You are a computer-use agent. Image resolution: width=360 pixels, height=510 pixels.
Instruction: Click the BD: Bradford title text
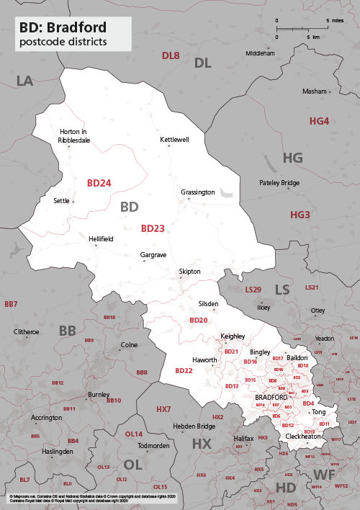click(63, 28)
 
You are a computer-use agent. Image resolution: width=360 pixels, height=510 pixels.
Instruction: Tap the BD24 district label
click(99, 184)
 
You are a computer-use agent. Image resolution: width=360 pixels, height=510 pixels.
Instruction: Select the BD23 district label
click(153, 229)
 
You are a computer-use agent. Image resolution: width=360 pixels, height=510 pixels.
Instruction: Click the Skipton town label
click(190, 272)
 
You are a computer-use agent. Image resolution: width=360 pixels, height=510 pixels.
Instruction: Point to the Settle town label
click(61, 200)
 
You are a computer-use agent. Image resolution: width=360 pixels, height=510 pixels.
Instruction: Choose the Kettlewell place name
click(174, 139)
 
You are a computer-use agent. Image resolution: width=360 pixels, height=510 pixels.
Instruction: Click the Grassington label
click(198, 192)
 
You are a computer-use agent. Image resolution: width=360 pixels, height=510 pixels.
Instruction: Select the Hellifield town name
click(101, 238)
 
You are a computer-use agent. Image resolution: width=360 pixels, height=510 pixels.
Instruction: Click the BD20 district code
click(198, 320)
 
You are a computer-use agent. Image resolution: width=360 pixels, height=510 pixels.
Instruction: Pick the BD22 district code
click(184, 370)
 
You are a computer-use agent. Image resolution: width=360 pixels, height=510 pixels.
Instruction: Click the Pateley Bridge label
click(279, 183)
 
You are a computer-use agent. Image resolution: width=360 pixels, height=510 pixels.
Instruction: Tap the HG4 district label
click(319, 121)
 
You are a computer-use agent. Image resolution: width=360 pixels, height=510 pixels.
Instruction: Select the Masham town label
click(314, 91)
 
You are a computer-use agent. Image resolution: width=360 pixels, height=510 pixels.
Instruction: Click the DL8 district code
click(171, 55)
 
